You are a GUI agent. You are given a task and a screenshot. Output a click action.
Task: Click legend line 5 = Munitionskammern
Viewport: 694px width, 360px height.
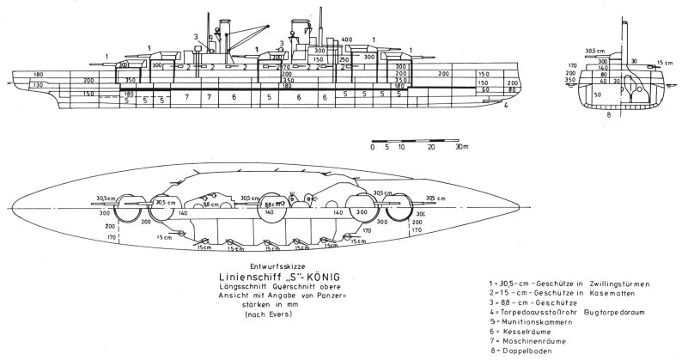[546, 322]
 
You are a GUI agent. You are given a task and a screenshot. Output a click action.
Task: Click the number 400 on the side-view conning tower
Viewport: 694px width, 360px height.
[347, 40]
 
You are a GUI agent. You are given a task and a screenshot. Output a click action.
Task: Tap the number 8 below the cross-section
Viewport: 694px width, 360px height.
[609, 113]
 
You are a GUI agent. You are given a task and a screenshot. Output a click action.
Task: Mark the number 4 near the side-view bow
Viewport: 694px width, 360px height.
[508, 107]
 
